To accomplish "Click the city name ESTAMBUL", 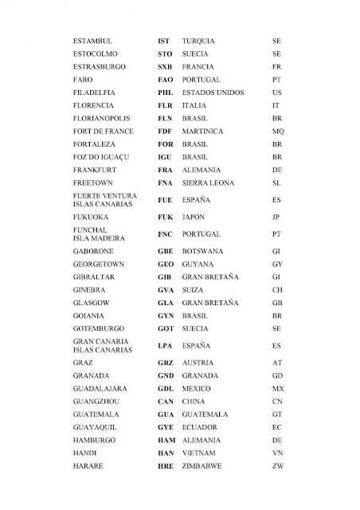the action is point(92,39).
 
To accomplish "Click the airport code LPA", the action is point(165,346).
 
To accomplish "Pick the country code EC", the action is point(276,427).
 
